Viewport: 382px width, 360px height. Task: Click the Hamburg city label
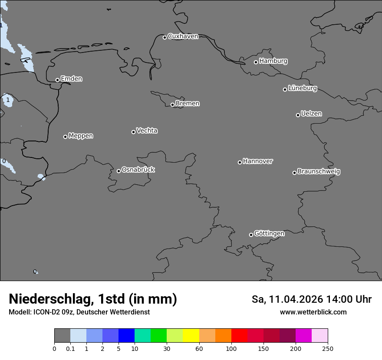(x=273, y=61)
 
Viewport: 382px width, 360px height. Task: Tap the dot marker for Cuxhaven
(x=165, y=37)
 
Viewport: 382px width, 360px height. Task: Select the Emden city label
(x=71, y=79)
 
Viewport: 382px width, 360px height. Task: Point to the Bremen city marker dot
(x=172, y=105)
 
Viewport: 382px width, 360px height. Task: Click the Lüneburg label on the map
(x=302, y=88)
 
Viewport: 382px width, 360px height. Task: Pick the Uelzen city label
(x=311, y=114)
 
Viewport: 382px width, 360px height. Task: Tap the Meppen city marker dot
(x=65, y=137)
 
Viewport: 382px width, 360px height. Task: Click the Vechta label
(x=147, y=131)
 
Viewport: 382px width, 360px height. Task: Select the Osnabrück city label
(x=138, y=170)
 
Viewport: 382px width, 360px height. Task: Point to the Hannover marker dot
(x=240, y=162)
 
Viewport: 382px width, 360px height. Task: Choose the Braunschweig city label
(x=319, y=172)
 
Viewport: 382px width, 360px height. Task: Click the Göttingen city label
(x=269, y=234)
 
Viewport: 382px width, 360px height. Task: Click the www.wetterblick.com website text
(x=313, y=312)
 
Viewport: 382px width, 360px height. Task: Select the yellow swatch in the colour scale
(x=191, y=336)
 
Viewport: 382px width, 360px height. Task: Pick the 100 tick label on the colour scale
(x=231, y=348)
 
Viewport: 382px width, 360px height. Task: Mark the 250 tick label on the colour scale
(x=327, y=348)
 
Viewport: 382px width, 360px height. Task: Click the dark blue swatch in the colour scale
(x=126, y=336)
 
